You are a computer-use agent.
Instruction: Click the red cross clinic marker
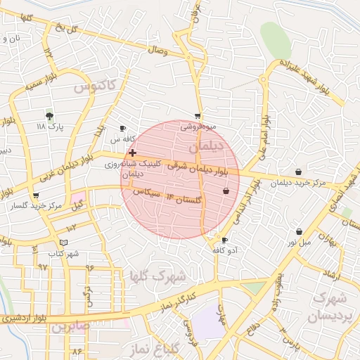pos(132,152)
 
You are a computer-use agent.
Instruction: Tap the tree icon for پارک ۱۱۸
pos(49,115)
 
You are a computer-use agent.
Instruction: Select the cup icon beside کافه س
pos(123,129)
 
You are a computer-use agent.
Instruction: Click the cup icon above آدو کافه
pos(224,240)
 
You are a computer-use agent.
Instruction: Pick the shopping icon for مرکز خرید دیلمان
pos(299,172)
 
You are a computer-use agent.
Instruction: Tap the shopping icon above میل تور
pos(299,231)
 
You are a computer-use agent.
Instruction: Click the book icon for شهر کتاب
pos(64,242)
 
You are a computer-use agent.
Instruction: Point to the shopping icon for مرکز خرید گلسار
pos(36,195)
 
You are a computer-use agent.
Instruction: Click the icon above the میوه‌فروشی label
pos(198,117)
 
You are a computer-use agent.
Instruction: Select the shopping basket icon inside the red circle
pos(226,191)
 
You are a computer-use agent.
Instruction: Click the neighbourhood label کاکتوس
pos(94,86)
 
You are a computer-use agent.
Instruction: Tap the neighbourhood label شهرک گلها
pos(158,275)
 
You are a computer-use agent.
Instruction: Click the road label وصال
pos(157,51)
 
